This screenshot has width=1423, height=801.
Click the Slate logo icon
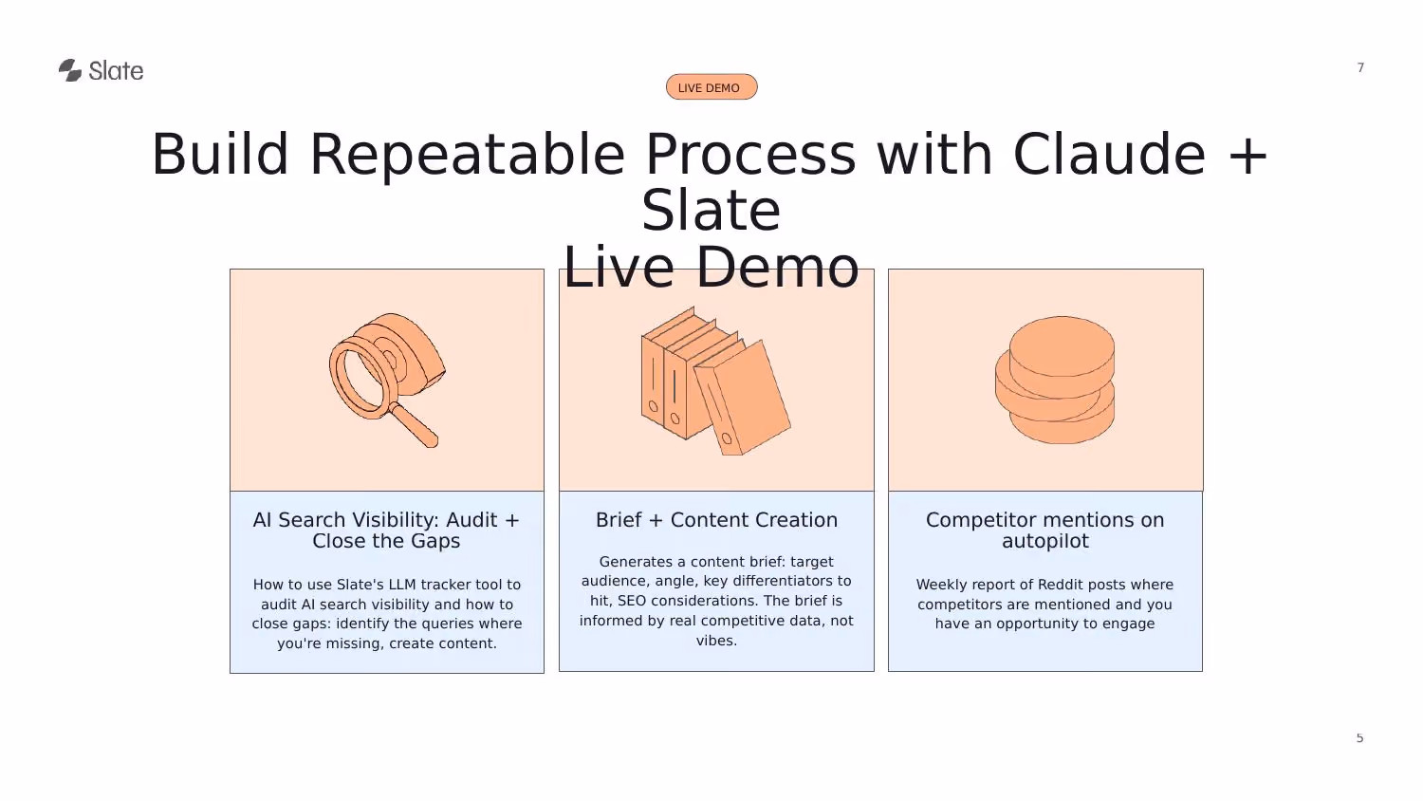(70, 70)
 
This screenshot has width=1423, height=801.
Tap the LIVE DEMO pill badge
(711, 87)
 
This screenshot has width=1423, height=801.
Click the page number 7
(1360, 67)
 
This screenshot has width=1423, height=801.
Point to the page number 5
(1359, 738)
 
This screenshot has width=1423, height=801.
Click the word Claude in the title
(1109, 155)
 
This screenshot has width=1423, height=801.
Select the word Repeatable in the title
(468, 156)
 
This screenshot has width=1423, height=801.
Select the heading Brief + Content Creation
(716, 520)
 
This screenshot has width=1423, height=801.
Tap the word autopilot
(1045, 542)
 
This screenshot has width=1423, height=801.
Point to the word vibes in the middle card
(716, 641)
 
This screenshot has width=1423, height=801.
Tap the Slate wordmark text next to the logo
(116, 70)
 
